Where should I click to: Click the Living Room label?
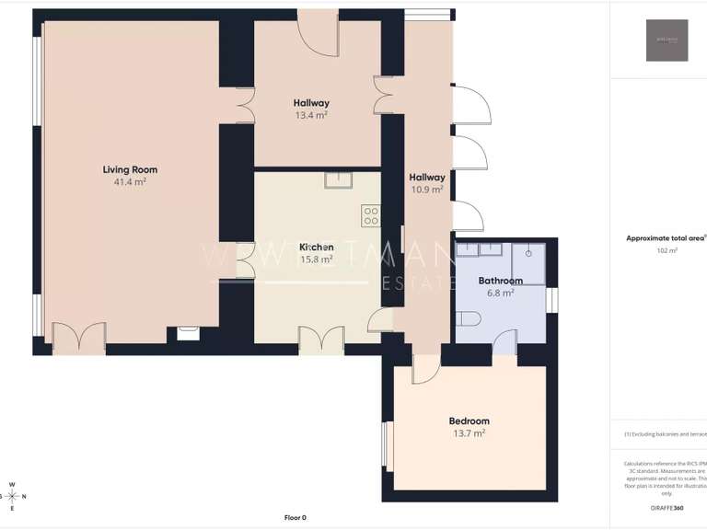tap(130, 169)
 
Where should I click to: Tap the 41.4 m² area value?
tap(130, 182)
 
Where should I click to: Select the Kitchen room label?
tap(316, 248)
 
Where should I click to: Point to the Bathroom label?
tap(500, 281)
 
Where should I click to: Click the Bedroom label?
tap(469, 421)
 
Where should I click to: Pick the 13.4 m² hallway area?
tap(311, 115)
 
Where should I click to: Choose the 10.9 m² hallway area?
tap(427, 190)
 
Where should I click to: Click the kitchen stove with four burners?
tap(371, 216)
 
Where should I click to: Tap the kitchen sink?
tap(333, 180)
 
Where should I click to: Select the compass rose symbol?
tap(12, 496)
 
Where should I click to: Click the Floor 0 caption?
tap(295, 517)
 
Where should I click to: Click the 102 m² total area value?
tap(666, 250)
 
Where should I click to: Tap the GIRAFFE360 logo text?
tap(667, 508)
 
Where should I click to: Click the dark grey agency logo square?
tap(666, 40)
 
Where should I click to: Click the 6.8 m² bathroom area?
tap(500, 293)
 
